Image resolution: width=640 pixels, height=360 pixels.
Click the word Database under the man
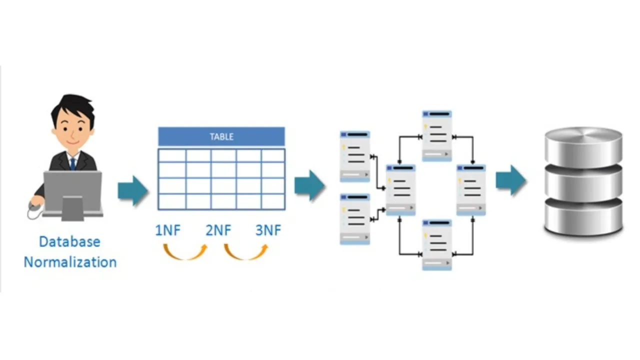pyautogui.click(x=69, y=241)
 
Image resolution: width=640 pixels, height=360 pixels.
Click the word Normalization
pyautogui.click(x=70, y=262)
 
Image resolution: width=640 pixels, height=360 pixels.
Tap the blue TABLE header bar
pyautogui.click(x=221, y=136)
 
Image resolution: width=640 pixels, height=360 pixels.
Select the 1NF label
pyautogui.click(x=167, y=230)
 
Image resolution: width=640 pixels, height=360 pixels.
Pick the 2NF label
pyautogui.click(x=218, y=230)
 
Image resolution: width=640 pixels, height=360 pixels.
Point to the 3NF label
pyautogui.click(x=268, y=230)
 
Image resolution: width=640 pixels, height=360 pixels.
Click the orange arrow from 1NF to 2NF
pyautogui.click(x=185, y=252)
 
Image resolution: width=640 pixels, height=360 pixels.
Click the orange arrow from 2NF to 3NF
pyautogui.click(x=245, y=252)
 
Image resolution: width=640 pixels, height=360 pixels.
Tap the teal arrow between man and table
pyautogui.click(x=133, y=190)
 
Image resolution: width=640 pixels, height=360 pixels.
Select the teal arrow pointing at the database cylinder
pyautogui.click(x=511, y=180)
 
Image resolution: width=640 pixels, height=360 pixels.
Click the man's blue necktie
pyautogui.click(x=73, y=163)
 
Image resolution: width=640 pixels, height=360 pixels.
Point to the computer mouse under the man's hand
pyautogui.click(x=34, y=205)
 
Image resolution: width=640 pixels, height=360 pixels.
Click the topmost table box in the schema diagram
pyautogui.click(x=437, y=135)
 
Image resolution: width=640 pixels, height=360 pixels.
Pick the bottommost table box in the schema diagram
pyautogui.click(x=437, y=244)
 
